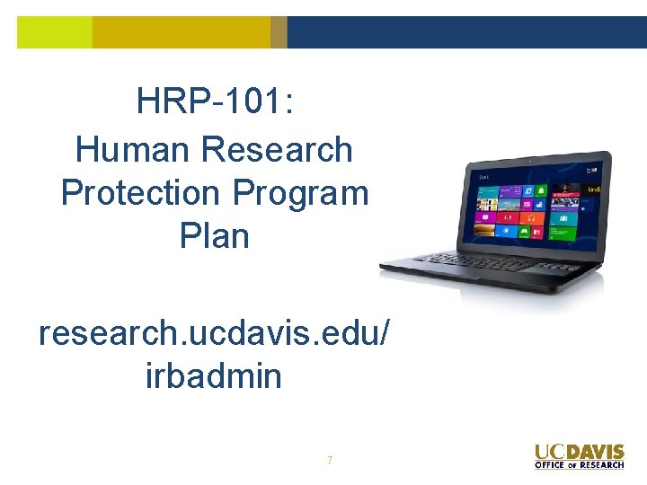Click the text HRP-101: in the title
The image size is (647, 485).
click(215, 101)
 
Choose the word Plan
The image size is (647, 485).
click(215, 235)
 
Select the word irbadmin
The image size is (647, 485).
click(214, 375)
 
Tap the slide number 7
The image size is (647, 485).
click(330, 461)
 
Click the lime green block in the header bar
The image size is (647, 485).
click(55, 32)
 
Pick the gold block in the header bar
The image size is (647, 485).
click(181, 32)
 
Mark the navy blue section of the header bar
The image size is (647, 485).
click(466, 32)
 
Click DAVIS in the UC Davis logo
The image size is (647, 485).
click(595, 452)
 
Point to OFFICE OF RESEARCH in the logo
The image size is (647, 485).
click(580, 465)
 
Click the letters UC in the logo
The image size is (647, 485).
click(549, 452)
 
